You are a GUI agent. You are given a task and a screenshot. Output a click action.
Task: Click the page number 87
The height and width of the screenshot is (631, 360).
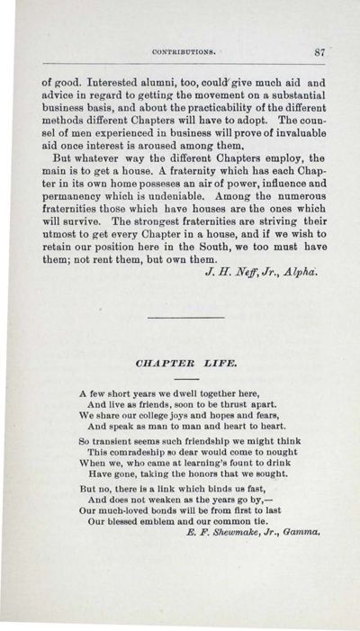(319, 52)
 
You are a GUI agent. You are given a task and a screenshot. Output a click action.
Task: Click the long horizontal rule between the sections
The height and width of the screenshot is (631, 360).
(184, 317)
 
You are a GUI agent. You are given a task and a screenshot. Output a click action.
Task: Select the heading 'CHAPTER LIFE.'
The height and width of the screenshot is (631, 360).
(184, 365)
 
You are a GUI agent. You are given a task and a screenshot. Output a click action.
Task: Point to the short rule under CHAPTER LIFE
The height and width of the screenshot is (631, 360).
(184, 380)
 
